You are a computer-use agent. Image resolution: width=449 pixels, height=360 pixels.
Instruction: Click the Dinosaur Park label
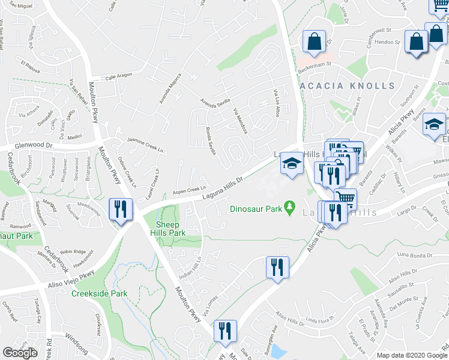point(256,210)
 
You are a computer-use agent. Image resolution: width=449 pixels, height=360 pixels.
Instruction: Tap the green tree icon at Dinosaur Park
point(291,207)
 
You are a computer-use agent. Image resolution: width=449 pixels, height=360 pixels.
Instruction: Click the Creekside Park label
point(100,294)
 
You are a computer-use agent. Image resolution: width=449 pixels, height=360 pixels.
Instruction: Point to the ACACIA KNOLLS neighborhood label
point(347,86)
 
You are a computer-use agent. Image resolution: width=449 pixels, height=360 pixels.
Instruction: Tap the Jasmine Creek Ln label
point(145,140)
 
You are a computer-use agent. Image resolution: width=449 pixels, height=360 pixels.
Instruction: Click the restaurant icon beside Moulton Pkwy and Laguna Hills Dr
point(121,210)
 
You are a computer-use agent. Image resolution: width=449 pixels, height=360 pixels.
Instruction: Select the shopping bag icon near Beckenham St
point(314,43)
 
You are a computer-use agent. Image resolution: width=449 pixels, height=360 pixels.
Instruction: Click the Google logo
point(20,353)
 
